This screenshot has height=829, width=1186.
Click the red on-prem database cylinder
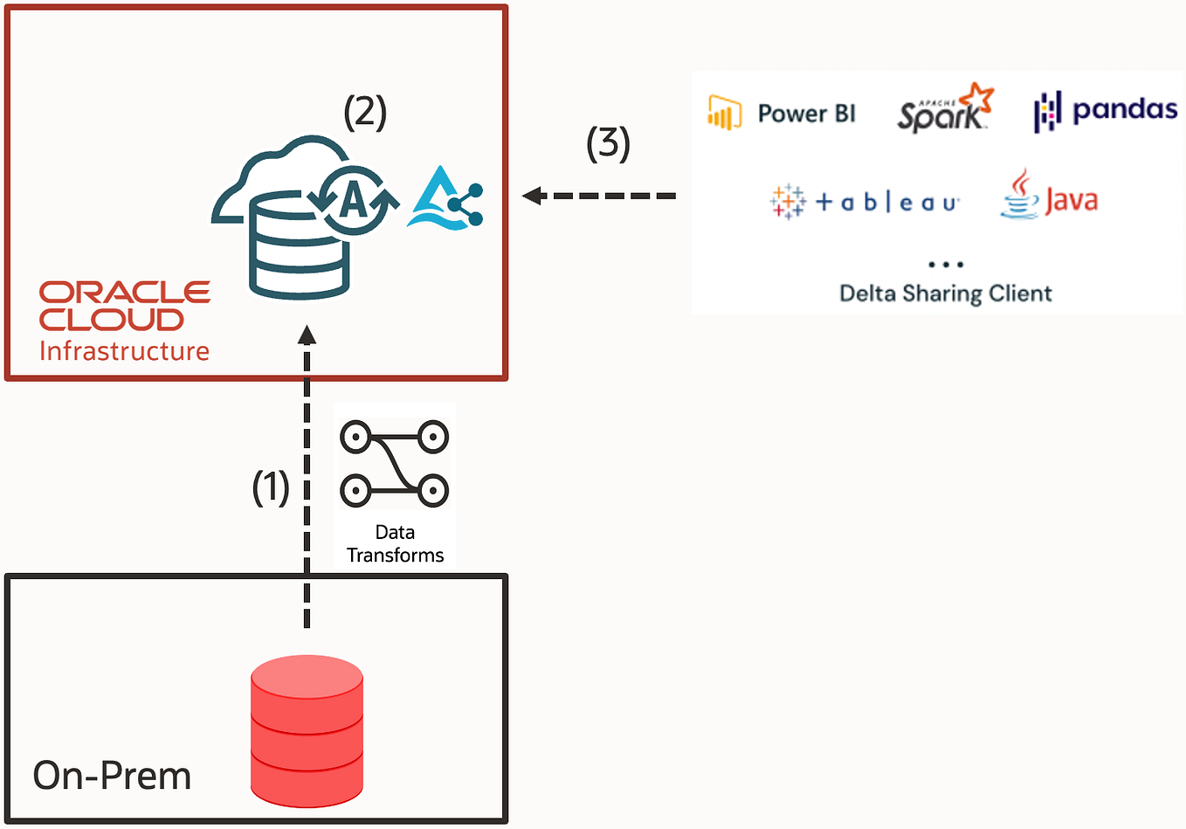pos(307,730)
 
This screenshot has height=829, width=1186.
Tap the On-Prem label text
pos(112,776)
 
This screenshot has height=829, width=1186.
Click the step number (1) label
pos(271,487)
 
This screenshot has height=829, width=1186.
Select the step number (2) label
pos(365,113)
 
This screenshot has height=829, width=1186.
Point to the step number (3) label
pos(608,143)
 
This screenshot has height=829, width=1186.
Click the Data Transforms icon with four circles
pos(394,464)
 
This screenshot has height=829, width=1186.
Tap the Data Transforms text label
pos(395,544)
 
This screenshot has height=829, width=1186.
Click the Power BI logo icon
pos(724,114)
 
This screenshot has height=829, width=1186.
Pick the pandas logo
pos(1106,111)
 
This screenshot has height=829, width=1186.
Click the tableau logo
pos(865,203)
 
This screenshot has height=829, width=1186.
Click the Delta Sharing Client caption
pos(945,294)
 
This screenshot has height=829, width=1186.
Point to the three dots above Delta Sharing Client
pos(946,264)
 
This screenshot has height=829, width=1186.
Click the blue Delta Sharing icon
pos(445,200)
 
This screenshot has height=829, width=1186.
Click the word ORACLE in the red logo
pos(125,292)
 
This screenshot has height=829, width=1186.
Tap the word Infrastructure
pos(124,351)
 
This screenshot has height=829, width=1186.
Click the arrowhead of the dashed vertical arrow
pos(307,335)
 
